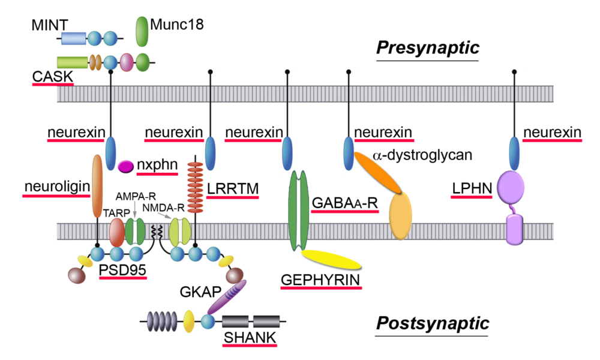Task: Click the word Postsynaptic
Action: [433, 323]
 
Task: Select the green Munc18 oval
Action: [142, 31]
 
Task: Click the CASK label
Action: [52, 76]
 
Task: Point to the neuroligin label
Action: [57, 187]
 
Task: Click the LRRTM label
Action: [233, 188]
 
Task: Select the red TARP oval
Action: [117, 232]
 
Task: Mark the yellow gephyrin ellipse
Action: [331, 259]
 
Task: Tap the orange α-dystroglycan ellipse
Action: [377, 172]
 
